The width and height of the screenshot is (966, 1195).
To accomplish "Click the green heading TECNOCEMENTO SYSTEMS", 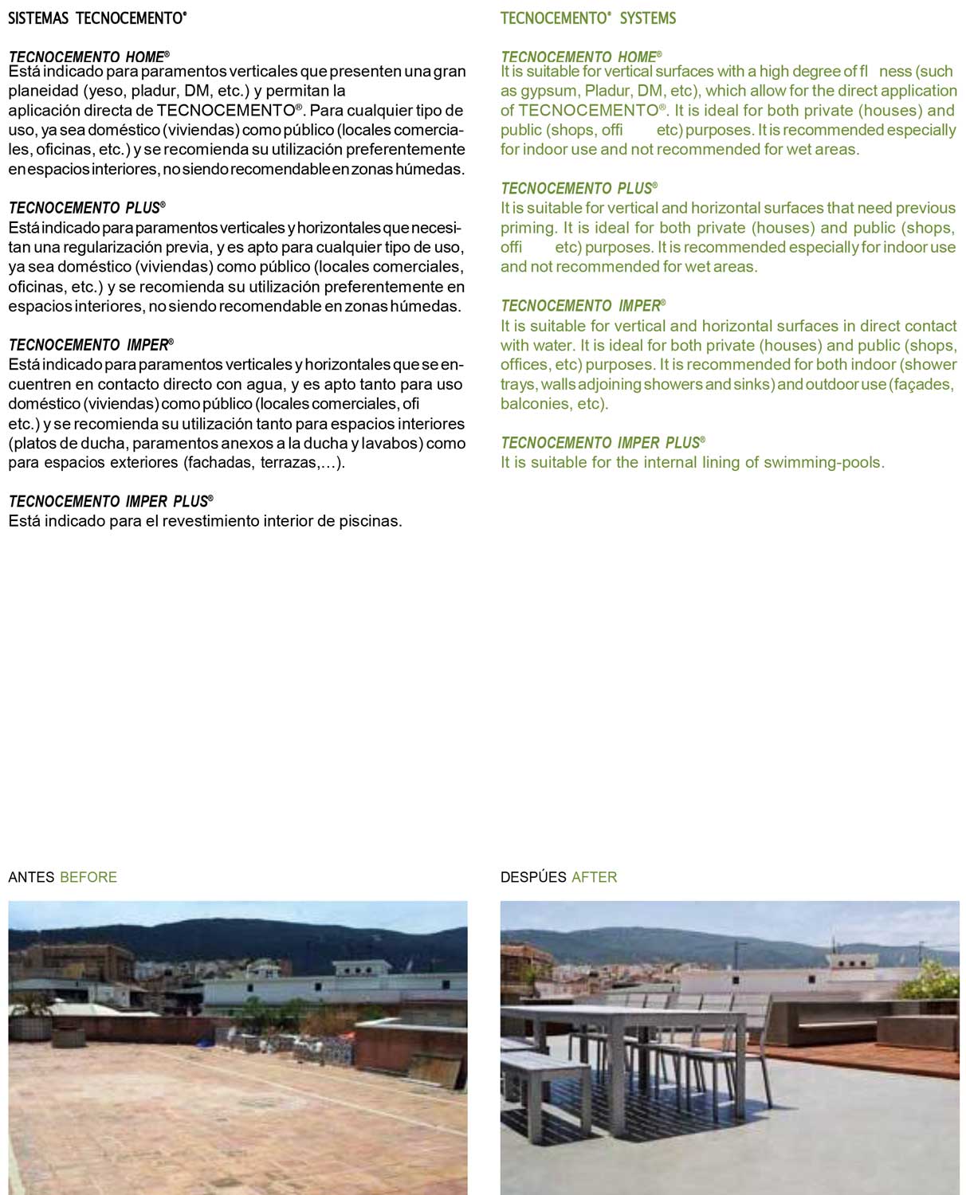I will click(587, 18).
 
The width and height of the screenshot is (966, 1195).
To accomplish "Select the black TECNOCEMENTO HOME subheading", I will click(88, 57).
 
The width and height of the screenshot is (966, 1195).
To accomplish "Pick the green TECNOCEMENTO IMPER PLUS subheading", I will click(602, 443).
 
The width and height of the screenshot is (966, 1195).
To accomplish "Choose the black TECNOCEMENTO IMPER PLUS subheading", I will click(110, 501).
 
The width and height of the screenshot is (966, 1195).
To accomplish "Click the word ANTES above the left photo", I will click(31, 877).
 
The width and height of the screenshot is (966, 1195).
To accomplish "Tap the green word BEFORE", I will click(88, 877).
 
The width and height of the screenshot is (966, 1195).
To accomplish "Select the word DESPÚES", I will click(533, 877).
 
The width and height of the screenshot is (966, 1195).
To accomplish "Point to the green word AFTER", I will click(595, 877).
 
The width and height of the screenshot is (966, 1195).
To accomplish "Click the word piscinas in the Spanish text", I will click(370, 522).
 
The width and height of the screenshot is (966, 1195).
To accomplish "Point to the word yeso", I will click(108, 91).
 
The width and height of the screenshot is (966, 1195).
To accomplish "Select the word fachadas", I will click(220, 463).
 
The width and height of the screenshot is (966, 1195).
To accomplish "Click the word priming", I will click(528, 228).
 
